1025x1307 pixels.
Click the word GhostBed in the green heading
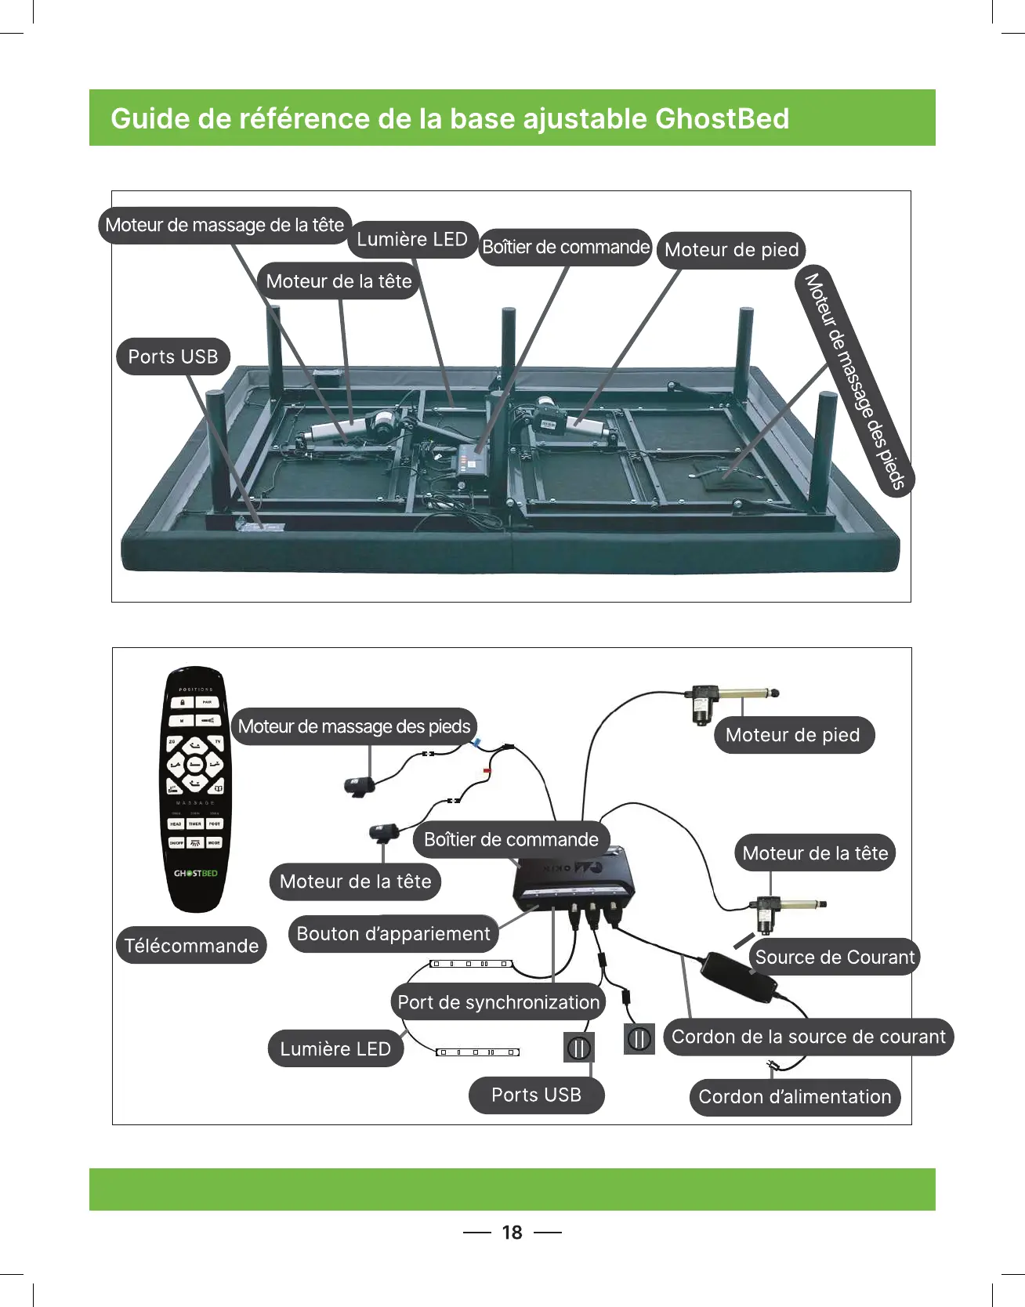coord(722,118)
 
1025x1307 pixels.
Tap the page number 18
coord(512,1233)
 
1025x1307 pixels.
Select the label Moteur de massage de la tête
coord(225,225)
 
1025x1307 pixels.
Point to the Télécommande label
coord(191,946)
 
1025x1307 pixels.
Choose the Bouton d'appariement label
coord(393,934)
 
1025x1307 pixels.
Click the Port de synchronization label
coord(498,1002)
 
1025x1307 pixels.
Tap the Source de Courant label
coord(835,957)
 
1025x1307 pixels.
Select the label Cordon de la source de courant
coord(809,1037)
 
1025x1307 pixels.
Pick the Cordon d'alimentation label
coord(795,1096)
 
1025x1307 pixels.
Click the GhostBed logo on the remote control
coord(195,873)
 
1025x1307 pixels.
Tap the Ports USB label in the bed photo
coord(173,357)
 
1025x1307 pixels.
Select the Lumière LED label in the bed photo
coord(412,240)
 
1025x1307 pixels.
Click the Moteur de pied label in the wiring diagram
coord(793,735)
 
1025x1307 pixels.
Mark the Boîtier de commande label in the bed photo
coord(565,248)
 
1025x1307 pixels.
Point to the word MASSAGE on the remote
coord(195,803)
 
